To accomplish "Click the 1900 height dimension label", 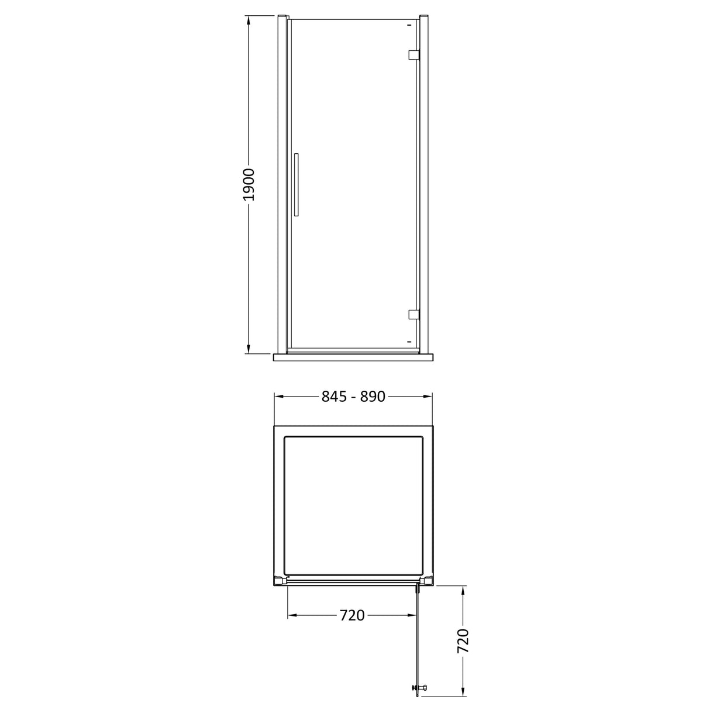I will point(249,185).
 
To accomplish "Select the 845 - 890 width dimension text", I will point(353,397).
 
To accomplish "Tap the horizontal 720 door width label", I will point(352,615).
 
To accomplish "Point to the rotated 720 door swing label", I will point(463,642).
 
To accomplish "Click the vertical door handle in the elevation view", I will point(297,185).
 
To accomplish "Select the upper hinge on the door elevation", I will point(414,55).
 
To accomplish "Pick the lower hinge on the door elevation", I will point(414,315).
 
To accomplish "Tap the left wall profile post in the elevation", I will point(281,185).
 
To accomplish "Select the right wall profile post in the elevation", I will point(425,185).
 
